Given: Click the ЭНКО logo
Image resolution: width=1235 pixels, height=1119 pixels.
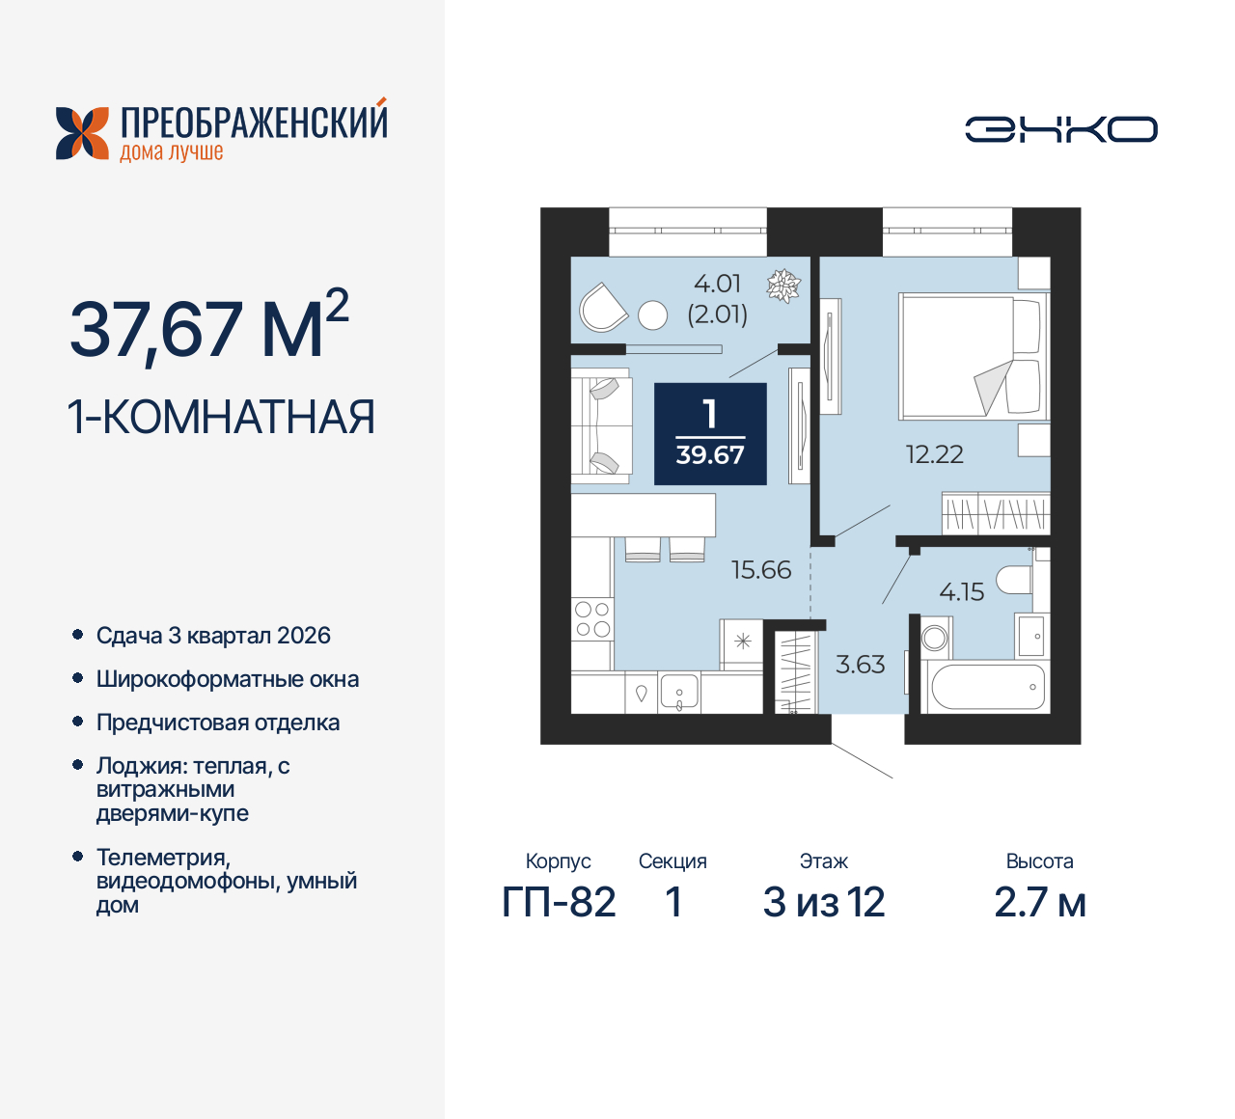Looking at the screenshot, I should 1060,129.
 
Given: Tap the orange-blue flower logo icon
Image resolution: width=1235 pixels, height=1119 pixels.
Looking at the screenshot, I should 82,133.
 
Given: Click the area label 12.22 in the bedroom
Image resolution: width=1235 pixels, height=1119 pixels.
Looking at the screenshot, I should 934,454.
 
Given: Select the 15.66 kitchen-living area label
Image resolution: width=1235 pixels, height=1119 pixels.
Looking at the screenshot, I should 760,570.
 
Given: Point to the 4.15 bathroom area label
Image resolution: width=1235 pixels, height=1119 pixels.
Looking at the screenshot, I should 961,592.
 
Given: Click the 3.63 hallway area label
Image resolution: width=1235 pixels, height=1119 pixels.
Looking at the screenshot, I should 860,665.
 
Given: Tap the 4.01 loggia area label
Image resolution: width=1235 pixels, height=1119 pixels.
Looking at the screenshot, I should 717,285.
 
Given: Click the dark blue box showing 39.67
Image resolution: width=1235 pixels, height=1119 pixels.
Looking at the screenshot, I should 710,434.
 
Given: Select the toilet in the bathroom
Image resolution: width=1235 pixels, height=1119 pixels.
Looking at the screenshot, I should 1015,581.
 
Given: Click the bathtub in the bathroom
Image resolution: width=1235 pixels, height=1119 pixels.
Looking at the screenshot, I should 987,687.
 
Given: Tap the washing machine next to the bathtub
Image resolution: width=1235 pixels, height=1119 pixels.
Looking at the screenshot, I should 935,638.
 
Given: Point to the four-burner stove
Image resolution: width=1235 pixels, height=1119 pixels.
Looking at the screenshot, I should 592,619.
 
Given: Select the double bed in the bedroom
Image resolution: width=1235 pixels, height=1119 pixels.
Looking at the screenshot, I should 970,357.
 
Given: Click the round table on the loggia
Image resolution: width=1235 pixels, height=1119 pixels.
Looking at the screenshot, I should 653,315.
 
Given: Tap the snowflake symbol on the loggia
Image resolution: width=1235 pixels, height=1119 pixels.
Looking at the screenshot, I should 782,286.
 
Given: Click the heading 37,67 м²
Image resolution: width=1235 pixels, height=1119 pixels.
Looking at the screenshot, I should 208,328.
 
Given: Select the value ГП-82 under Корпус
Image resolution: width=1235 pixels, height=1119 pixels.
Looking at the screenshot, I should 559,903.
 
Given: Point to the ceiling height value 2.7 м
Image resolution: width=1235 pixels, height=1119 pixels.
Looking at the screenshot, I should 1039,903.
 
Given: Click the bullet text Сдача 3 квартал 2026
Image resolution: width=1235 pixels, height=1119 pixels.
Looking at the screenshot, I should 213,636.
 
